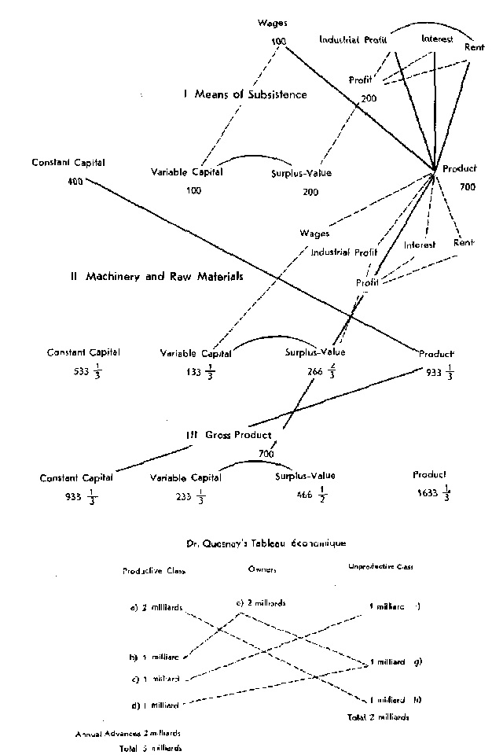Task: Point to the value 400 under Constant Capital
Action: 75,180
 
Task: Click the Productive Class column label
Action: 153,572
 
